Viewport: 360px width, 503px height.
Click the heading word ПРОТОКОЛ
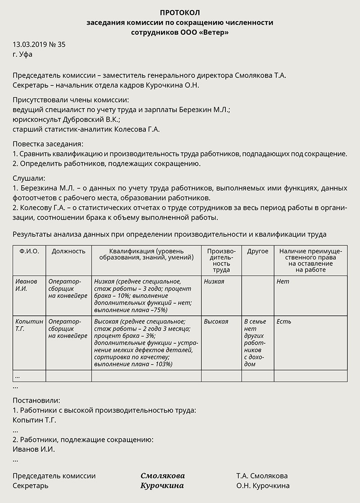(x=180, y=12)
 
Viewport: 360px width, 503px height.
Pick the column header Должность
(x=68, y=251)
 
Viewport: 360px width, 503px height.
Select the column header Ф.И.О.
(x=29, y=251)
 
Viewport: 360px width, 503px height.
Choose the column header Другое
(x=257, y=251)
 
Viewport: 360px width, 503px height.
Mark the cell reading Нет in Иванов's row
(x=283, y=282)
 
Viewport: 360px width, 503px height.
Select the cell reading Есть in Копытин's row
(x=284, y=322)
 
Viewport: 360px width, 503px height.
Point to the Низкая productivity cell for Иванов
(x=214, y=282)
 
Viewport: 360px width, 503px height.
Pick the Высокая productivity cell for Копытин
(x=216, y=322)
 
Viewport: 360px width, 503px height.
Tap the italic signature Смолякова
(x=162, y=476)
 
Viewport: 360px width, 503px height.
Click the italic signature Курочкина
(x=162, y=486)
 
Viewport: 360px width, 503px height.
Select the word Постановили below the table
(x=36, y=400)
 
